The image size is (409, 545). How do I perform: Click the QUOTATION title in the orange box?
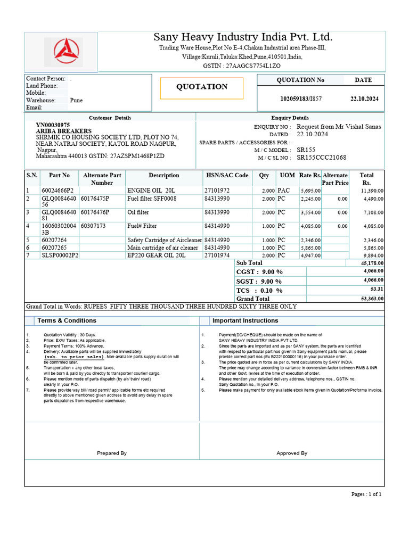tap(202, 87)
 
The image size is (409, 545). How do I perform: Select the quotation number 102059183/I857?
tap(301, 99)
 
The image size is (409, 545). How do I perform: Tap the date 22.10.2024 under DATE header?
tap(364, 99)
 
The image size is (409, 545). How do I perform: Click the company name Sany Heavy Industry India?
tap(243, 37)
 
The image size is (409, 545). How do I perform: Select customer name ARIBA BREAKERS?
tap(63, 131)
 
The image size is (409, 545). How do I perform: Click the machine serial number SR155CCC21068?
tap(321, 158)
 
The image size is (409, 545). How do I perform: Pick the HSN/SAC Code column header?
tap(227, 175)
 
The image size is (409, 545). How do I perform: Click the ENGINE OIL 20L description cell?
tap(151, 190)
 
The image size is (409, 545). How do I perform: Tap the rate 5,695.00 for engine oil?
tap(310, 191)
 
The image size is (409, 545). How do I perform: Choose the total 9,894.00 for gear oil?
tap(372, 255)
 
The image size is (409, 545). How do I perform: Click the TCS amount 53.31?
tap(376, 289)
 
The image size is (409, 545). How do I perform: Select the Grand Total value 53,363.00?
tap(372, 299)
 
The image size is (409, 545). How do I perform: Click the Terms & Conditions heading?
tap(67, 320)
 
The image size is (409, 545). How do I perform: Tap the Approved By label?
tap(292, 453)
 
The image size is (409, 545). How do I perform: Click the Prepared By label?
tap(112, 453)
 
